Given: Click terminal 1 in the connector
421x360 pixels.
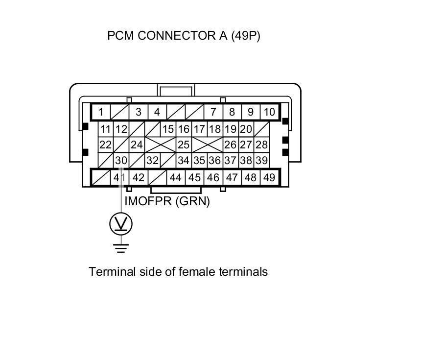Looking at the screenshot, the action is click(x=100, y=112).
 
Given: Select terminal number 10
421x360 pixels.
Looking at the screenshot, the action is click(x=269, y=112).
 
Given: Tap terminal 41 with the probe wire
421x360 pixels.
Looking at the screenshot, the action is click(x=119, y=177).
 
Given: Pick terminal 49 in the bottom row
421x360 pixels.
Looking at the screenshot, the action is click(x=269, y=177).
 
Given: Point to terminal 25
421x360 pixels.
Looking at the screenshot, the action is click(x=183, y=144).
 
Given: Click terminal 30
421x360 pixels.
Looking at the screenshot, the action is click(x=121, y=160).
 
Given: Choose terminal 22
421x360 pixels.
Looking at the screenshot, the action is click(x=105, y=144).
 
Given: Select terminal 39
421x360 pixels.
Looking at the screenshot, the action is click(x=261, y=160).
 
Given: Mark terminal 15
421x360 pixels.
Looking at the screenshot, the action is click(x=168, y=129).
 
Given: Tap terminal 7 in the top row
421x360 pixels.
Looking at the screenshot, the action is click(x=213, y=112).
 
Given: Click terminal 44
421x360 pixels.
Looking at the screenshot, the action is click(x=175, y=177).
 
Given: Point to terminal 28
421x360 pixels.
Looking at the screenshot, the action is click(x=261, y=144).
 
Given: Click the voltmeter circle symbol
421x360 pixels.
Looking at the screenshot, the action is click(x=120, y=224).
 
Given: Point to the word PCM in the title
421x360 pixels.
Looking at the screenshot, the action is click(x=121, y=36).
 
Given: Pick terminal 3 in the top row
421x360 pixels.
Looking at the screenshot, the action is click(x=138, y=112).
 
